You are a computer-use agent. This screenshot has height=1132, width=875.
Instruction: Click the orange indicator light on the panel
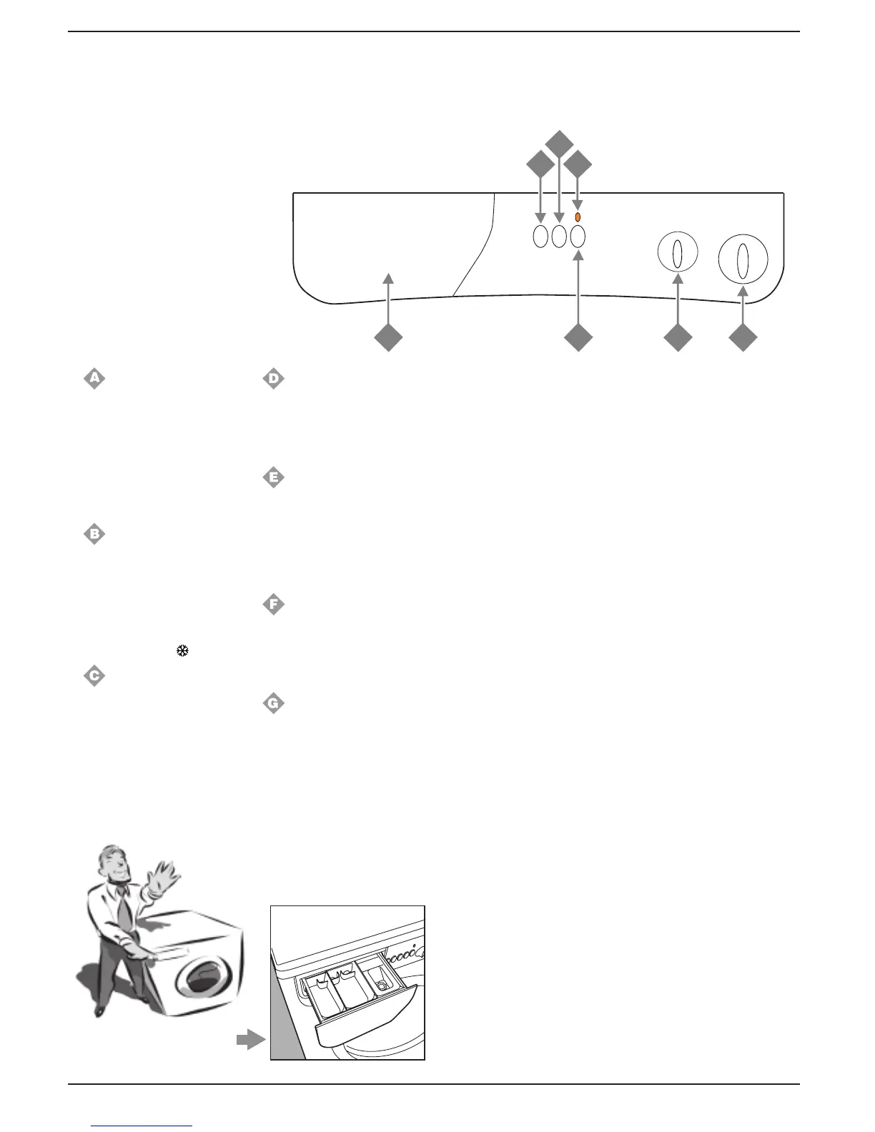click(578, 217)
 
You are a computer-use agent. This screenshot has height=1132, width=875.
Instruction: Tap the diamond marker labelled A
click(94, 378)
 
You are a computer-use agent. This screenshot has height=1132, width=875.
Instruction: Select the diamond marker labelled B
click(94, 533)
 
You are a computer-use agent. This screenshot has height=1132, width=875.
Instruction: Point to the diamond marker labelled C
click(94, 675)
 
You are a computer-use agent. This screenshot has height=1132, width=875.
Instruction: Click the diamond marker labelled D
click(273, 378)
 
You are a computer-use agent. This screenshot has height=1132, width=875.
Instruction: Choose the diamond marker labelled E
click(273, 477)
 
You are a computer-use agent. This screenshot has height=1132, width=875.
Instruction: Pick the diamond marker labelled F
click(273, 605)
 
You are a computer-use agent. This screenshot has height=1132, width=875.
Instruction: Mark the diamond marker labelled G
click(273, 703)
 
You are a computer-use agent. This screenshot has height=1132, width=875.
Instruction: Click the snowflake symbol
click(182, 651)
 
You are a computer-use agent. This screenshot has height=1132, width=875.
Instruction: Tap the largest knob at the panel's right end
click(743, 259)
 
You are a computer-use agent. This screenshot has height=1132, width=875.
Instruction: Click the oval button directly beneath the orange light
click(578, 237)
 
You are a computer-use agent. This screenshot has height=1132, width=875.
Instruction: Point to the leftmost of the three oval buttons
click(540, 237)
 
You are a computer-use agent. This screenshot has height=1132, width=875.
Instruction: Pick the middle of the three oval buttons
click(559, 237)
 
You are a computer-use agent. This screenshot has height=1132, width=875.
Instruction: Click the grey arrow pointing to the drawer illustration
click(250, 1041)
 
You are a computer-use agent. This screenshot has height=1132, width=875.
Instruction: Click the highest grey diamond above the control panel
click(559, 143)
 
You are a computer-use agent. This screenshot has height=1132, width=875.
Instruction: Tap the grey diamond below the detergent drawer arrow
click(389, 338)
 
